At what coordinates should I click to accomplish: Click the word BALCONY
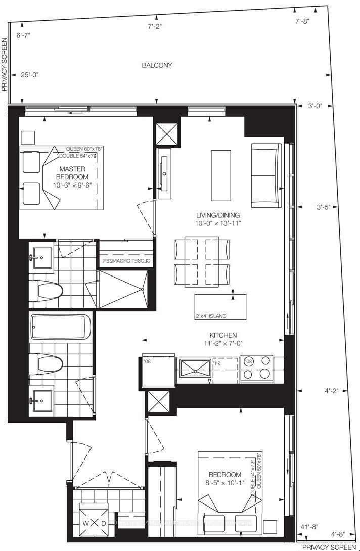point(157,65)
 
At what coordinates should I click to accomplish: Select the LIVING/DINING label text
point(219,214)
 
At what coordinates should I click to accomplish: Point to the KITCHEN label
point(223,335)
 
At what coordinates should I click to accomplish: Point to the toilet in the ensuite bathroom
point(46,291)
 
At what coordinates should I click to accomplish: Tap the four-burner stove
point(257,368)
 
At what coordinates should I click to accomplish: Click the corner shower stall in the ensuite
point(122,289)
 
